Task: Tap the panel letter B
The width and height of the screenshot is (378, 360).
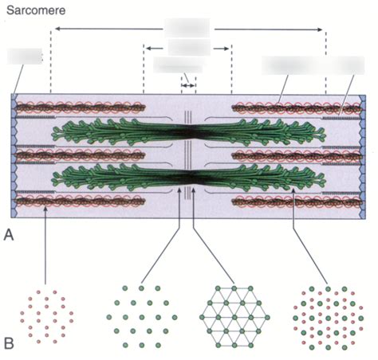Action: click(x=10, y=344)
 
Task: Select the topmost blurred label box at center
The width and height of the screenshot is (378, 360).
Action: click(x=187, y=26)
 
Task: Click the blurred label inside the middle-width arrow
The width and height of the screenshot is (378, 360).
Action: click(x=188, y=48)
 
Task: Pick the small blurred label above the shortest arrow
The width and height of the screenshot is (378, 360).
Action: click(x=177, y=65)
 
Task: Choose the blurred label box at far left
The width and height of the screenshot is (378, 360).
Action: click(x=24, y=56)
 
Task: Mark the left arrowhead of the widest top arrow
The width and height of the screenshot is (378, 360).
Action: click(x=54, y=29)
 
